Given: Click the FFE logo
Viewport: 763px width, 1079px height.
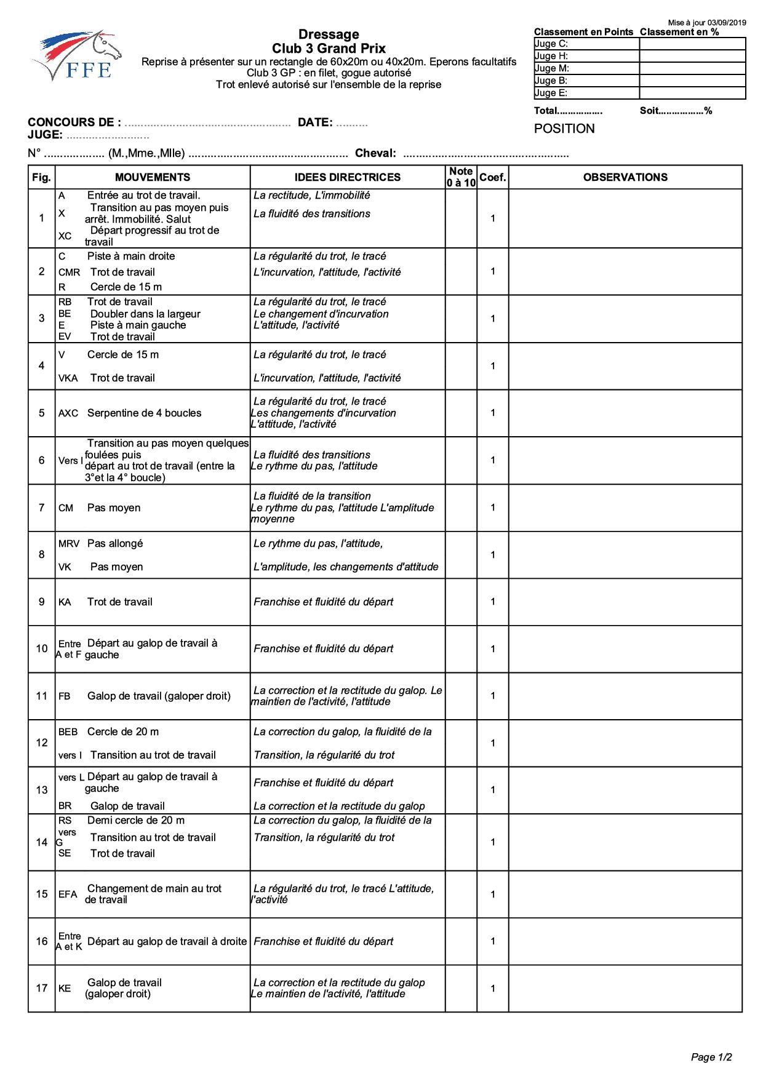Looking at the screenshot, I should point(77,57).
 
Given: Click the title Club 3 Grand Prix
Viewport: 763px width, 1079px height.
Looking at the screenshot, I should point(329,49).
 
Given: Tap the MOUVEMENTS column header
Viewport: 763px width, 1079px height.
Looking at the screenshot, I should point(153,177).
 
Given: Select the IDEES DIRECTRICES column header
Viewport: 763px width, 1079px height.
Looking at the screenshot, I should point(347,177).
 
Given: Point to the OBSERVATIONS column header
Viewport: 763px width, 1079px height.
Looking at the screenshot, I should point(625,177).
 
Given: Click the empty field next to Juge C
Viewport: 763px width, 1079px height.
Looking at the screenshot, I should point(692,44).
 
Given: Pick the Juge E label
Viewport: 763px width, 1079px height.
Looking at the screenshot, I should point(551,93).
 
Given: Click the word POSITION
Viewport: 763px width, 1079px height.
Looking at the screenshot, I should point(564,129).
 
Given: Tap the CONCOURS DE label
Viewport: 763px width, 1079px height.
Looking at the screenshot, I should point(74,122).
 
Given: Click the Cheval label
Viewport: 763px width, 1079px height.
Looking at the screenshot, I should point(375,153).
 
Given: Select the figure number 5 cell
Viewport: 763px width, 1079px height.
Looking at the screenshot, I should point(42,413).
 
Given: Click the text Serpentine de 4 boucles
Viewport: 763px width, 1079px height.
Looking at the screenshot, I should point(144,413).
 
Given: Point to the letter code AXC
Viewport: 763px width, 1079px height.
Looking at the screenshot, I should point(68,413).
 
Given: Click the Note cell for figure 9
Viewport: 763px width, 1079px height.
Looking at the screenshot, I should point(461,602).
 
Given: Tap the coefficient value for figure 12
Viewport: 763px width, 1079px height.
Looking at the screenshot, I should point(492,743).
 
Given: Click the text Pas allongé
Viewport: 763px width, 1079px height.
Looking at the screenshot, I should point(115,543).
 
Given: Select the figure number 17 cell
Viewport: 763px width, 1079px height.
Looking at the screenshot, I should point(42,988).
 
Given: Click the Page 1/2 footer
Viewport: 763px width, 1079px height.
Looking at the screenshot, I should point(711,1058).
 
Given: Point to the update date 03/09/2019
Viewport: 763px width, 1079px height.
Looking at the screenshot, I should point(727,22).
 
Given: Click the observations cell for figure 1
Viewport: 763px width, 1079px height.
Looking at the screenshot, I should point(625,218).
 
